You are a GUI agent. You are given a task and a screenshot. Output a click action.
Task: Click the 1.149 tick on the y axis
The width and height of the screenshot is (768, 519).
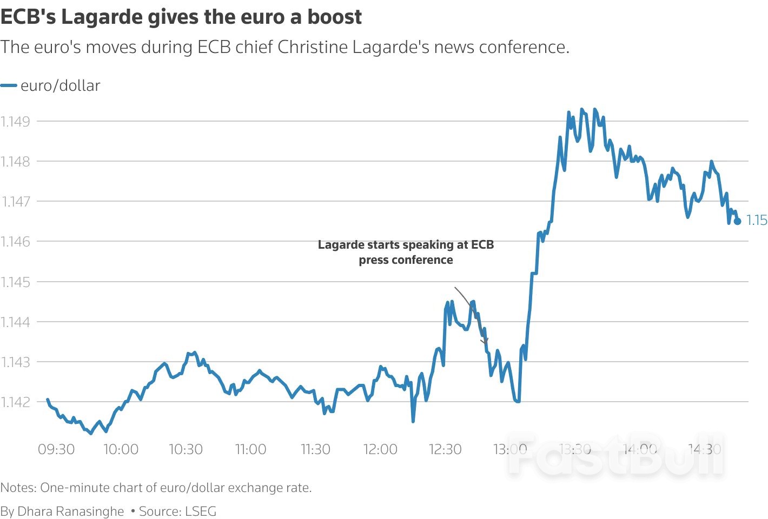click(x=15, y=121)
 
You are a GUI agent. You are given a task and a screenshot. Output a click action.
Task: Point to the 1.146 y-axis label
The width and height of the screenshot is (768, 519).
click(x=15, y=241)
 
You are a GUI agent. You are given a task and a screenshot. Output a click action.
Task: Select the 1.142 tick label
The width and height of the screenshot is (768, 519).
click(x=15, y=402)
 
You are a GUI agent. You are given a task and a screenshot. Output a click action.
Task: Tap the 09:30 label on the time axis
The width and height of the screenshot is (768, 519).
click(x=56, y=449)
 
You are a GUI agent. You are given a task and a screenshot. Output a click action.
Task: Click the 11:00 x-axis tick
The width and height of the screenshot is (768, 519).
click(x=250, y=449)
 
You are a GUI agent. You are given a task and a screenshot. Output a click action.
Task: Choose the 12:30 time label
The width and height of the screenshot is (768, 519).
click(x=445, y=449)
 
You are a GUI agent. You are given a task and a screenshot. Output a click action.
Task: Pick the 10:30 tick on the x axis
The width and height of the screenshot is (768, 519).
click(x=186, y=449)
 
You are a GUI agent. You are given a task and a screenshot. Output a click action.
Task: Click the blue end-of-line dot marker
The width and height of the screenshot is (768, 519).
click(x=737, y=221)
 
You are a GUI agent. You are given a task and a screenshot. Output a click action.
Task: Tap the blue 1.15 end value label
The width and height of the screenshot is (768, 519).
click(x=757, y=221)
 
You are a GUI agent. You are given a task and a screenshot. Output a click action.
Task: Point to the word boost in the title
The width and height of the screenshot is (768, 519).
click(x=335, y=17)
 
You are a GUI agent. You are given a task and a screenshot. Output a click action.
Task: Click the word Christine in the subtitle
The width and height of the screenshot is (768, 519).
click(x=313, y=47)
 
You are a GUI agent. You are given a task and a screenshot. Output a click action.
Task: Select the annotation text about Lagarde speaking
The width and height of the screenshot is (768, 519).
click(x=406, y=252)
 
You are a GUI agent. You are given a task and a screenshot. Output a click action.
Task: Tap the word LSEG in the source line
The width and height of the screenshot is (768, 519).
click(x=200, y=511)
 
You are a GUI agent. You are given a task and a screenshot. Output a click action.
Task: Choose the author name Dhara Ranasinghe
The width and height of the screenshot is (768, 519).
click(x=70, y=511)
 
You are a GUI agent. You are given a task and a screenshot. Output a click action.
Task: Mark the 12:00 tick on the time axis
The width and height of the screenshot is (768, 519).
click(x=380, y=449)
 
